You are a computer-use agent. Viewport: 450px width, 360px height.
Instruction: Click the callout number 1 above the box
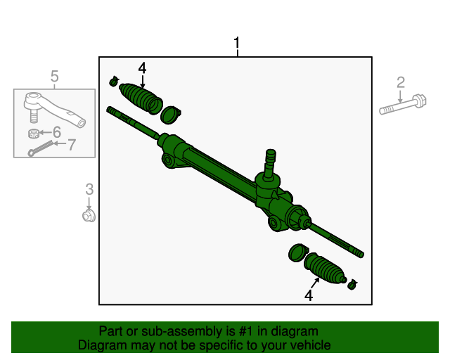(237, 45)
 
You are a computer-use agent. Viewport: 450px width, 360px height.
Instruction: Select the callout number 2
(401, 82)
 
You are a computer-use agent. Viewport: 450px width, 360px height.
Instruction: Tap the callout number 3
(89, 188)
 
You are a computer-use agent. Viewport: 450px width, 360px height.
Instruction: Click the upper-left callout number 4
(142, 68)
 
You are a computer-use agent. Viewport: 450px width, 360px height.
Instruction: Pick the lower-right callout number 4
(308, 296)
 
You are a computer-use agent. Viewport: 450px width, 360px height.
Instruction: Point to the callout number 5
(54, 76)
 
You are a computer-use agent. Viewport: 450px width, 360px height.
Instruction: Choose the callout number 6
(57, 131)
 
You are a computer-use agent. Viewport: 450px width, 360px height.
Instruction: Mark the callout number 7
(71, 145)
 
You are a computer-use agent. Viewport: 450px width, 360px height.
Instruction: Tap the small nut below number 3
(89, 214)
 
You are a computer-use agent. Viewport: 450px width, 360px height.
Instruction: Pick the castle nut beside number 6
(32, 133)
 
